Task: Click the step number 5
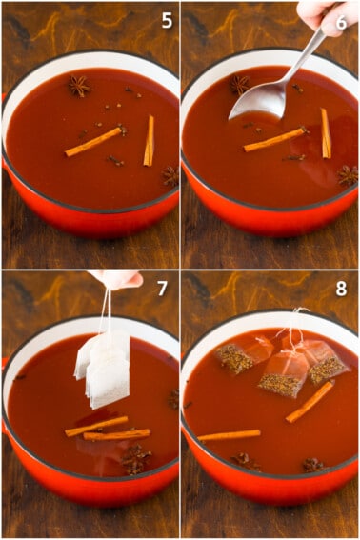(x=167, y=21)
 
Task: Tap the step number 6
(x=341, y=23)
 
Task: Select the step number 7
(x=162, y=289)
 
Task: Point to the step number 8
(x=341, y=290)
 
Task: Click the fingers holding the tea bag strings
(x=119, y=279)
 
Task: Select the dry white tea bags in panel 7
(x=103, y=369)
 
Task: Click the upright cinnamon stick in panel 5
(x=149, y=141)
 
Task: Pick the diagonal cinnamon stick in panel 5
(x=93, y=142)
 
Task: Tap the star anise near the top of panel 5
(x=78, y=86)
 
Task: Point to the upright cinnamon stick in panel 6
(x=326, y=133)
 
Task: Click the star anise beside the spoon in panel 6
(x=240, y=85)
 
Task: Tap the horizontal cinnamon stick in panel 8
(x=230, y=435)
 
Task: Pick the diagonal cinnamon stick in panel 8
(x=310, y=401)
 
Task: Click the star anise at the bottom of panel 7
(x=136, y=459)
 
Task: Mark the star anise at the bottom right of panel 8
(x=312, y=465)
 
